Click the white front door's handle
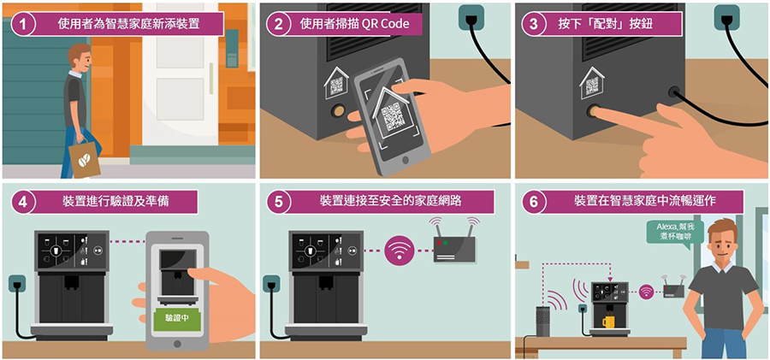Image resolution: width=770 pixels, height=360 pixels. point(211,79)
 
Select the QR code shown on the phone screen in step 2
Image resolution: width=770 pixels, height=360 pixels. point(394,117)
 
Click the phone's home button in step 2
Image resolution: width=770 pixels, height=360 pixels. point(406,160)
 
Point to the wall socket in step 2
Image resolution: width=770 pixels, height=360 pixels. point(470,18)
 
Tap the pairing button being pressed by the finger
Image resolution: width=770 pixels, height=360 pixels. point(592,110)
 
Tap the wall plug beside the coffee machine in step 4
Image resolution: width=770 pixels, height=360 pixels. point(17,285)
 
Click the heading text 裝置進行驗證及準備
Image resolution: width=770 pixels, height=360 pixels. point(115,202)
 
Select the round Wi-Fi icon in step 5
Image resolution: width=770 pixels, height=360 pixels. point(399,251)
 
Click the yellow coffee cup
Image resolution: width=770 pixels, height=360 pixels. point(609,321)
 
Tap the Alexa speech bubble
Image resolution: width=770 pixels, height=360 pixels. point(675,233)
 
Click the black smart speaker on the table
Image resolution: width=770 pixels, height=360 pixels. point(542,322)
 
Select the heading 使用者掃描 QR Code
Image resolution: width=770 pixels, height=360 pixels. point(354,24)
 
